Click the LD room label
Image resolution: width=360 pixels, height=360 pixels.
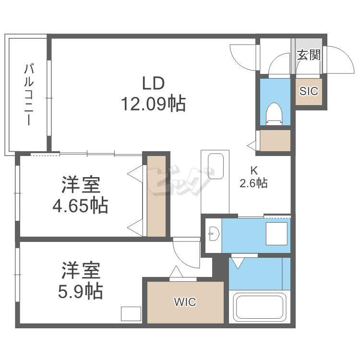pyautogui.click(x=153, y=83)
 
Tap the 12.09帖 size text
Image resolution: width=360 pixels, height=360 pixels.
pyautogui.click(x=153, y=103)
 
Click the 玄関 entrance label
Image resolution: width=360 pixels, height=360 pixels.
pyautogui.click(x=308, y=55)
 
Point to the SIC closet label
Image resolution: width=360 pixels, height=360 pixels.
pyautogui.click(x=309, y=91)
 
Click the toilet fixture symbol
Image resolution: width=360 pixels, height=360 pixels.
pyautogui.click(x=274, y=113)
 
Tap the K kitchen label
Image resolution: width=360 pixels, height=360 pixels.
pyautogui.click(x=253, y=170)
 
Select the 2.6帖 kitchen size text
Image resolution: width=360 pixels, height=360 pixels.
pyautogui.click(x=253, y=183)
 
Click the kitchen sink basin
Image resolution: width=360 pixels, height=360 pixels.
pyautogui.click(x=215, y=167)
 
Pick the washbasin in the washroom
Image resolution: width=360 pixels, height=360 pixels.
pyautogui.click(x=214, y=234)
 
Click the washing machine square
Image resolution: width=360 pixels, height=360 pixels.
pyautogui.click(x=276, y=234)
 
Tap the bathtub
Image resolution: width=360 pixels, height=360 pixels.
pyautogui.click(x=259, y=307)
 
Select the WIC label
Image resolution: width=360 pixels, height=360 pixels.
pyautogui.click(x=185, y=302)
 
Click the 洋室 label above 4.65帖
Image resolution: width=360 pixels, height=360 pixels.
pyautogui.click(x=81, y=185)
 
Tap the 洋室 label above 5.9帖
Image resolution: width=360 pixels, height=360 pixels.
pyautogui.click(x=81, y=270)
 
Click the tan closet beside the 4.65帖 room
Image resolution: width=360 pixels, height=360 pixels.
pyautogui.click(x=156, y=195)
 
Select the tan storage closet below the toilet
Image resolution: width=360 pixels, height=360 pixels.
pyautogui.click(x=275, y=141)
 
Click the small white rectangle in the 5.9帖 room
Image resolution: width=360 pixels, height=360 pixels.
pyautogui.click(x=131, y=313)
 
